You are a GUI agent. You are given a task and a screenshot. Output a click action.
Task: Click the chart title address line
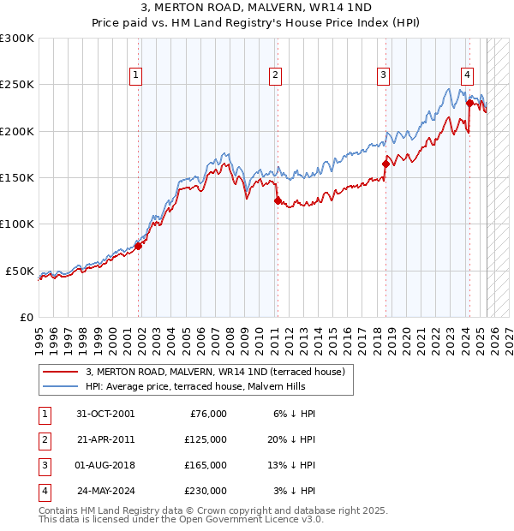(257, 9)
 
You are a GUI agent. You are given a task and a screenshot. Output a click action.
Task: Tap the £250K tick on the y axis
(17, 85)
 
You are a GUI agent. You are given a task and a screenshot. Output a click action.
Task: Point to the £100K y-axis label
(17, 224)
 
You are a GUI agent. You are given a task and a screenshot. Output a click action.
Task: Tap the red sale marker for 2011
(278, 201)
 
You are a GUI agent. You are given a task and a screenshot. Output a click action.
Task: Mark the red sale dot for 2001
(138, 247)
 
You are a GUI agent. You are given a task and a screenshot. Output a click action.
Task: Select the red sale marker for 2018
(385, 164)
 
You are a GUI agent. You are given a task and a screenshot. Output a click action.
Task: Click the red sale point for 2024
(469, 104)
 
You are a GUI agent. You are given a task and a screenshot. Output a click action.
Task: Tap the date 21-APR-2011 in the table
(105, 439)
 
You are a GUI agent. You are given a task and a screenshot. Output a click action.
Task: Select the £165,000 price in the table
(206, 465)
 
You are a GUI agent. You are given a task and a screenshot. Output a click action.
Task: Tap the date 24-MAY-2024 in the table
(106, 491)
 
